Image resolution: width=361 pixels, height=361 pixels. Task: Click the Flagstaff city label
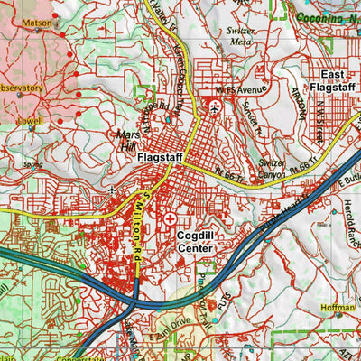pyautogui.click(x=162, y=157)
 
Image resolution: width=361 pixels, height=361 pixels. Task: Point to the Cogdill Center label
pyautogui.click(x=198, y=240)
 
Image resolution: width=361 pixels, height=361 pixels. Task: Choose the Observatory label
pyautogui.click(x=20, y=88)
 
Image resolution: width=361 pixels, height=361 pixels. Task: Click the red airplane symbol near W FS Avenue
pyautogui.click(x=215, y=106)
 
